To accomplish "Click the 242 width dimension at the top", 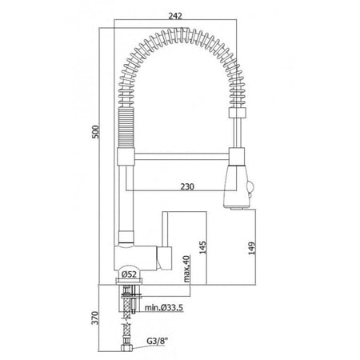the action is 175,16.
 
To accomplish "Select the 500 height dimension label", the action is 95,131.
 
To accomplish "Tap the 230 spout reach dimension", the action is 187,186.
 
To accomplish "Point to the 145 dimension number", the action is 202,247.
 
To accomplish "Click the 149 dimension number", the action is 252,248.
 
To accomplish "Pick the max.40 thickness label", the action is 186,269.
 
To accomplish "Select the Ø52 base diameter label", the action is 129,274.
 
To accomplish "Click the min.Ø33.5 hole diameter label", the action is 164,307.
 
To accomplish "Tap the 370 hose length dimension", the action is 95,318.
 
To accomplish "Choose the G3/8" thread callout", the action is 158,341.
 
